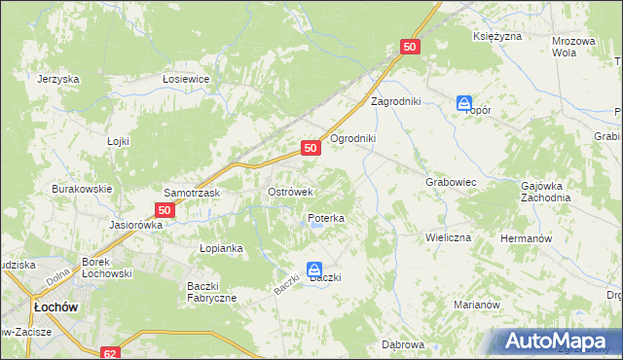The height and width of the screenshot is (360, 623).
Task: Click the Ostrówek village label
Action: [289, 193]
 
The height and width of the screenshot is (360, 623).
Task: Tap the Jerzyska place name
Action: [57, 80]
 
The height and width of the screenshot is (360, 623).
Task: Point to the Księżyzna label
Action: [497, 36]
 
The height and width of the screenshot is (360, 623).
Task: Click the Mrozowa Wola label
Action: [572, 47]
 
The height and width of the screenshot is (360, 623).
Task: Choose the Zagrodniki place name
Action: [394, 101]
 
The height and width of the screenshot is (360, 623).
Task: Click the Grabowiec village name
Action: [451, 182]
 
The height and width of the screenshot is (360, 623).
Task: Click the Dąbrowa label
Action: [403, 345]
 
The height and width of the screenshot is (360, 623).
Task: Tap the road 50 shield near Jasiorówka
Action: [165, 210]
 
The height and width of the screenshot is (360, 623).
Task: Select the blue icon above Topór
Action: [465, 103]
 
